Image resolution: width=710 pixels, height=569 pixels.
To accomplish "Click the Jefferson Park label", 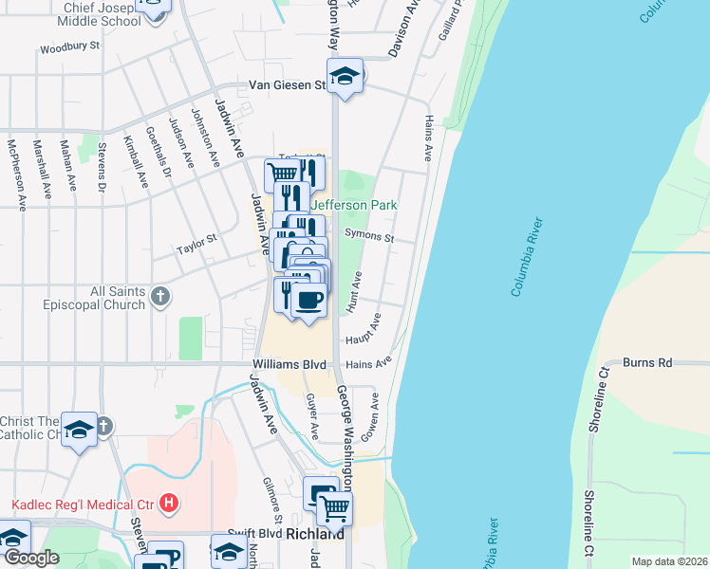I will (354, 205).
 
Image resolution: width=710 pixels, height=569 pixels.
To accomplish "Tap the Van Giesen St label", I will (288, 84).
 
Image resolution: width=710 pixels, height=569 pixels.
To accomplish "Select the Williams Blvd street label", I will (290, 364).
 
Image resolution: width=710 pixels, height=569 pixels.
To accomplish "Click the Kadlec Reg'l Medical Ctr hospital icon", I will (169, 502).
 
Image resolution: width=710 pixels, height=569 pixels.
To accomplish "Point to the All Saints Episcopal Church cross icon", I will (159, 296).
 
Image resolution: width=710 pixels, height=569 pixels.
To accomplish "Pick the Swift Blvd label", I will (254, 534).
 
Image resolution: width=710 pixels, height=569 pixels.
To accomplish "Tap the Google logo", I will (30, 558).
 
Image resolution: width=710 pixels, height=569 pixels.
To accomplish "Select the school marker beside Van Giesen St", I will (346, 77).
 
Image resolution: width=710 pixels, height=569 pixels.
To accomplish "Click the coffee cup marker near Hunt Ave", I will (308, 301).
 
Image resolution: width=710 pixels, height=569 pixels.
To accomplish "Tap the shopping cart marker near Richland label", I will (334, 509).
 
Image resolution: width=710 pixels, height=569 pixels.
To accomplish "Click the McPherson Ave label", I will (14, 168).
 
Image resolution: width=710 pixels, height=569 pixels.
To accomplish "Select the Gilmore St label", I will (271, 499).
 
